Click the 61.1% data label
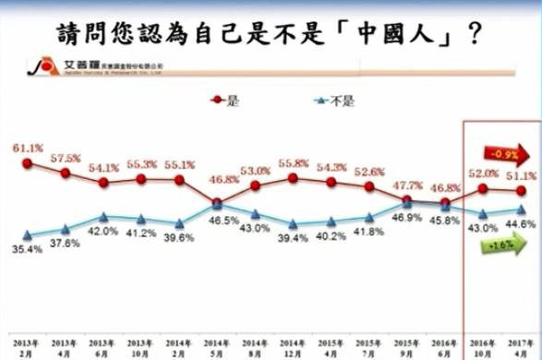click(28, 148)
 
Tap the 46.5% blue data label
click(218, 222)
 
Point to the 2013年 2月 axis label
click(29, 344)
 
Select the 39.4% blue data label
click(294, 239)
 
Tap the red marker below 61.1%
click(29, 163)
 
